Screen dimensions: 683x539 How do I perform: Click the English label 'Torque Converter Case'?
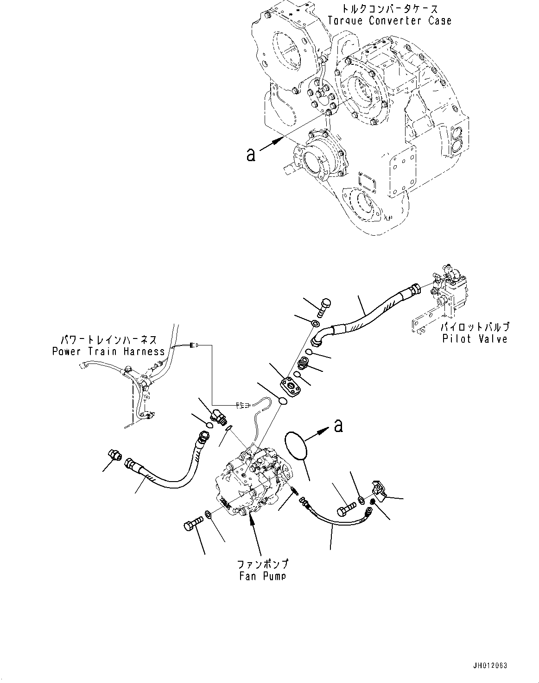click(x=389, y=21)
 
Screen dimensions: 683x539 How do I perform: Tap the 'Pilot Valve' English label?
click(x=475, y=339)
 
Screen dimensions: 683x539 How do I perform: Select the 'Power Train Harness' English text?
click(x=108, y=351)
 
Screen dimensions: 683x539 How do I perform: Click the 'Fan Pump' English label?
click(x=263, y=576)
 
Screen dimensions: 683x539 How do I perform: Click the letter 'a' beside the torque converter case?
click(x=251, y=155)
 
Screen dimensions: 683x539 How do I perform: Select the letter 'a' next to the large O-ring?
click(x=339, y=425)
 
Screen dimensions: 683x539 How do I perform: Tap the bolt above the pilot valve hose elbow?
click(x=325, y=305)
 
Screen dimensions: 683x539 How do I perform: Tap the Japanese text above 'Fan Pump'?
click(x=263, y=564)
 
